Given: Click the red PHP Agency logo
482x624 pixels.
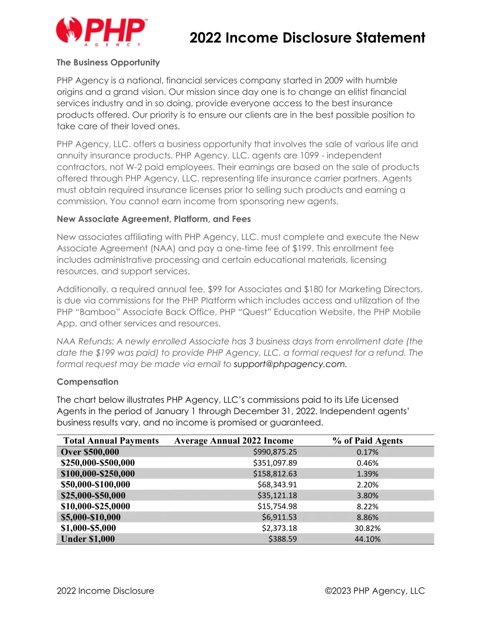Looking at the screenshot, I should [x=102, y=31].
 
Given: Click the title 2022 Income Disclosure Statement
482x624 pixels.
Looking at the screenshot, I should [x=307, y=38].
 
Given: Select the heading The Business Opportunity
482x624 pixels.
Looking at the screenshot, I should [x=108, y=63].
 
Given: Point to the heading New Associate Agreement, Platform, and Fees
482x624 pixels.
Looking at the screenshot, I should [x=153, y=219].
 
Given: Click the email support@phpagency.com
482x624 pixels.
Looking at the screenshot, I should [x=290, y=364].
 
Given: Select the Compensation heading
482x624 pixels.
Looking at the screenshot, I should [x=88, y=382].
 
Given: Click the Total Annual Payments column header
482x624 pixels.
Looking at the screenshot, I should [x=111, y=441].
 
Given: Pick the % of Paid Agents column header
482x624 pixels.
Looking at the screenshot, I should [x=368, y=441].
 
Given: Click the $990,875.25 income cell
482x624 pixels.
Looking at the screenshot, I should [x=275, y=452].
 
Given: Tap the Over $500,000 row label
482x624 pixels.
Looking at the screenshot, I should [x=90, y=452].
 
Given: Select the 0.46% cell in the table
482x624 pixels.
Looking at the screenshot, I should [x=368, y=463].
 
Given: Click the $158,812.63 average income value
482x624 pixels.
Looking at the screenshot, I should [x=275, y=474].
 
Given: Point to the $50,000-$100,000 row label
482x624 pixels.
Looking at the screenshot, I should [x=95, y=484].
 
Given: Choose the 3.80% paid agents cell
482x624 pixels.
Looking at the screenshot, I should [x=368, y=495].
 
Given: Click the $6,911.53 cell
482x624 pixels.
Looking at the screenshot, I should [x=279, y=517].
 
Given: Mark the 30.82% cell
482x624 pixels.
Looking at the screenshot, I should [x=368, y=528].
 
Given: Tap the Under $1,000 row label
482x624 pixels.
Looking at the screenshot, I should [x=88, y=539].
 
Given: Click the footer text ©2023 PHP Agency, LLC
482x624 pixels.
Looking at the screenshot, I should [x=375, y=591].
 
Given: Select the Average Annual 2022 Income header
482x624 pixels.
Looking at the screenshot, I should [x=234, y=441].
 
